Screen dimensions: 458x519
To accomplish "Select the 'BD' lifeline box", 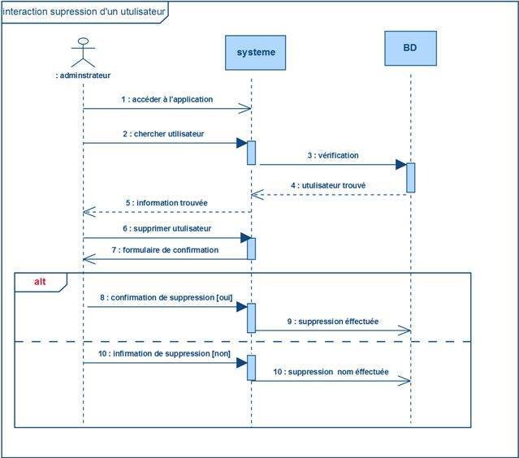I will coord(410,48).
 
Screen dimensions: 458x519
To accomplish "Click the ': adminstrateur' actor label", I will coord(83,76).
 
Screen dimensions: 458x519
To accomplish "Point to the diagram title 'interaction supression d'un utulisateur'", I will coord(84,12).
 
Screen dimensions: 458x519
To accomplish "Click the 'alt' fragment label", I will coord(40,282).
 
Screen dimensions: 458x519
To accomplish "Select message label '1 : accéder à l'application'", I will coord(167,99).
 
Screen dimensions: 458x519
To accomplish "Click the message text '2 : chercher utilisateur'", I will coord(163,133).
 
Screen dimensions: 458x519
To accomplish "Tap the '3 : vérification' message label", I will coord(333,155).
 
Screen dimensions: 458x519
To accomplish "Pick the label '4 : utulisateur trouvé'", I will coord(328,185).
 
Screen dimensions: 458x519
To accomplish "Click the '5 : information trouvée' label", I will coord(166,202).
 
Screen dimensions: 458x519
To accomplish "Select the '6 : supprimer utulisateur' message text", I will coord(167,229).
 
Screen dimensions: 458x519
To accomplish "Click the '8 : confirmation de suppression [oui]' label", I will coord(166,298).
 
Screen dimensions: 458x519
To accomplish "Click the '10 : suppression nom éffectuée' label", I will coord(332,372).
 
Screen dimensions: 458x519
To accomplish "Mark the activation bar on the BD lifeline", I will coord(411,178).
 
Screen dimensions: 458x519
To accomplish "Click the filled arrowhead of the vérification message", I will coord(400,164).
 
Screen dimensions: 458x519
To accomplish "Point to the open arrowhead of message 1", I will coord(246,108).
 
